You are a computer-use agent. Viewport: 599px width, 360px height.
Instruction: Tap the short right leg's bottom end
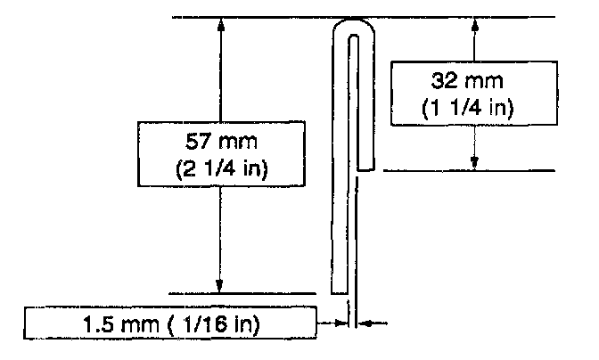point(365,168)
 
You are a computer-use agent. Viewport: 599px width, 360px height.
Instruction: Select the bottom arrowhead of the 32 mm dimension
point(475,161)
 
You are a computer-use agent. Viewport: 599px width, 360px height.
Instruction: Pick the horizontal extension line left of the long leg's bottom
point(241,292)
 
